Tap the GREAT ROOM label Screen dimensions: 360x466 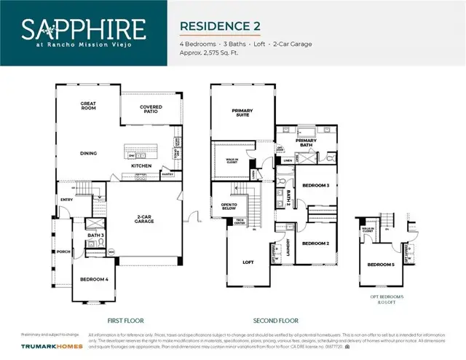click(88, 106)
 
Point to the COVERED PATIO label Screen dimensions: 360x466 click(151, 109)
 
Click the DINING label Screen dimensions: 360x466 click(88, 153)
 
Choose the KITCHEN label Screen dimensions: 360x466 click(141, 166)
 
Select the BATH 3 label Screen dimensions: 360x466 click(95, 235)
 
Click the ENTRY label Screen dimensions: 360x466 click(66, 199)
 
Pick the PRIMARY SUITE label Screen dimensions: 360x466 click(242, 113)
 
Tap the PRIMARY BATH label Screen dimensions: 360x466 click(306, 142)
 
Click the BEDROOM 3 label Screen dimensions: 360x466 click(316, 185)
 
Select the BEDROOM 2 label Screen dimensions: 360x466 click(316, 243)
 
